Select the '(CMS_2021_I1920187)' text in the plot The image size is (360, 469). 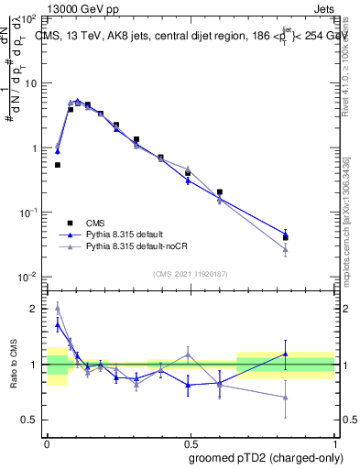point(191,272)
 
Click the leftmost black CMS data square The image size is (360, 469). point(58,165)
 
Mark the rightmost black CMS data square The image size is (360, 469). point(286,237)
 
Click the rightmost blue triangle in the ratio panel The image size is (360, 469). point(286,354)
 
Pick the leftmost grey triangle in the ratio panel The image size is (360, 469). point(58,308)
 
